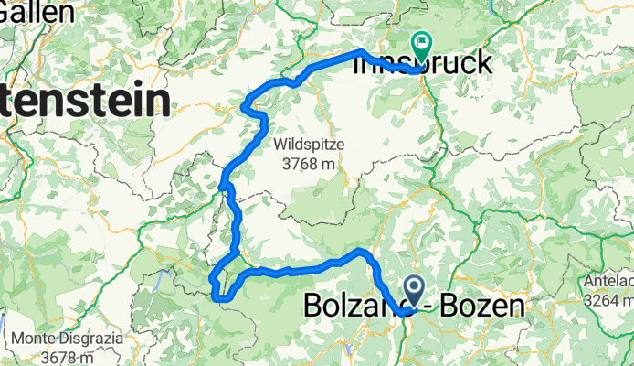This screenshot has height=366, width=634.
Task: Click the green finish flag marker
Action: click(421, 41)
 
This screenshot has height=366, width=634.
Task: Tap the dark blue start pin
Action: click(413, 292)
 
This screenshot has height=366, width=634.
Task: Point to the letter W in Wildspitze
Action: click(279, 144)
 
